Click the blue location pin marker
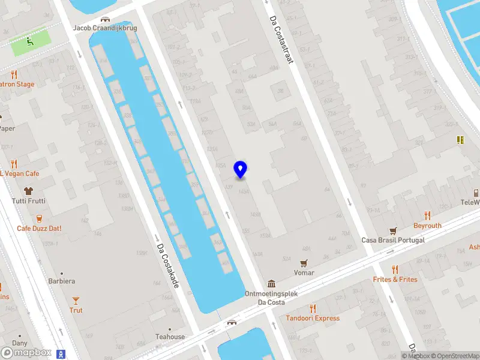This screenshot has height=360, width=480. (x=240, y=170)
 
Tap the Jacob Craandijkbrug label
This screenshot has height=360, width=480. (x=105, y=28)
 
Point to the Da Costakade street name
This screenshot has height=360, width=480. (x=167, y=265)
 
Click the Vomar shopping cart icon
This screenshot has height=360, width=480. (x=304, y=263)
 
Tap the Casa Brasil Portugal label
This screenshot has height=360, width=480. (x=393, y=240)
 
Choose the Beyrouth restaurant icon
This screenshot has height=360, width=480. (x=427, y=215)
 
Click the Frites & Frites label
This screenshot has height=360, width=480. (x=395, y=280)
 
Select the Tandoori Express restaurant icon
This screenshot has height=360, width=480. (x=313, y=308)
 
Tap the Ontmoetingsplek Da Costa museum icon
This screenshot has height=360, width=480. (x=271, y=284)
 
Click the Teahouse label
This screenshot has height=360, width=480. (x=170, y=337)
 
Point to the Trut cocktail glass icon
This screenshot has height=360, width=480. (x=76, y=300)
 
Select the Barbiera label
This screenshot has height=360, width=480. (x=62, y=281)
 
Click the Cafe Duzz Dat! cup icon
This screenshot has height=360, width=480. (x=39, y=218)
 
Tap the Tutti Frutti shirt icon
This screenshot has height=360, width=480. (x=28, y=191)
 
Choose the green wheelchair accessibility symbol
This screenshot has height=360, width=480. (x=29, y=41)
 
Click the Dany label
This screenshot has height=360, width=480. (x=20, y=343)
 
